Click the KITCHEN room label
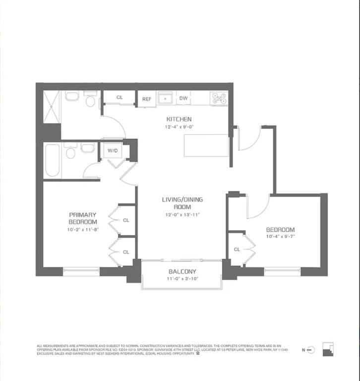179,119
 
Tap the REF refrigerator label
147,99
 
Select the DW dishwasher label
183,98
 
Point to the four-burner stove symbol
219,98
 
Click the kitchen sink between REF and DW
165,99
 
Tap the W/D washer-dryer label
112,150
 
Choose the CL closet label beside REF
120,98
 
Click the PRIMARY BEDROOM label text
83,218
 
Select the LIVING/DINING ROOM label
182,203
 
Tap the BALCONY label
182,271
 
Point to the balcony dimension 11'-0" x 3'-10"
182,279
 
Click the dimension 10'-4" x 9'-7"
280,237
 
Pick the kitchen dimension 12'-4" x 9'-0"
179,127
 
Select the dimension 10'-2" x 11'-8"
83,230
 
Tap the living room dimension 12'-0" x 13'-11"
182,215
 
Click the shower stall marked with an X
52,107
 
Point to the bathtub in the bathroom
52,160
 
